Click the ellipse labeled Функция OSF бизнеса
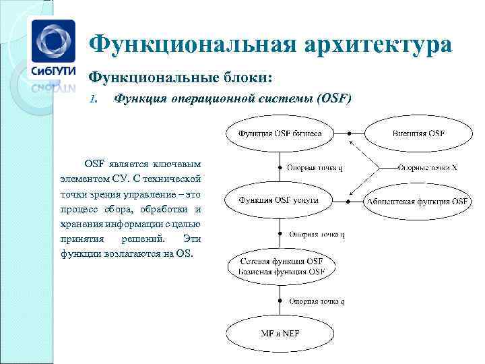280,133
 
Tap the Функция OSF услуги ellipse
278,200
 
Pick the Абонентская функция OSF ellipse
416,201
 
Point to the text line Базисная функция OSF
281,272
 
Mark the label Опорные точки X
427,167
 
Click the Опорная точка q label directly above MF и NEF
317,301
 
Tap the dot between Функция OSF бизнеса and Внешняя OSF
349,133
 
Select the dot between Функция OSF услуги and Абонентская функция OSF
347,201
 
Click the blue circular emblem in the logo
51,42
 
